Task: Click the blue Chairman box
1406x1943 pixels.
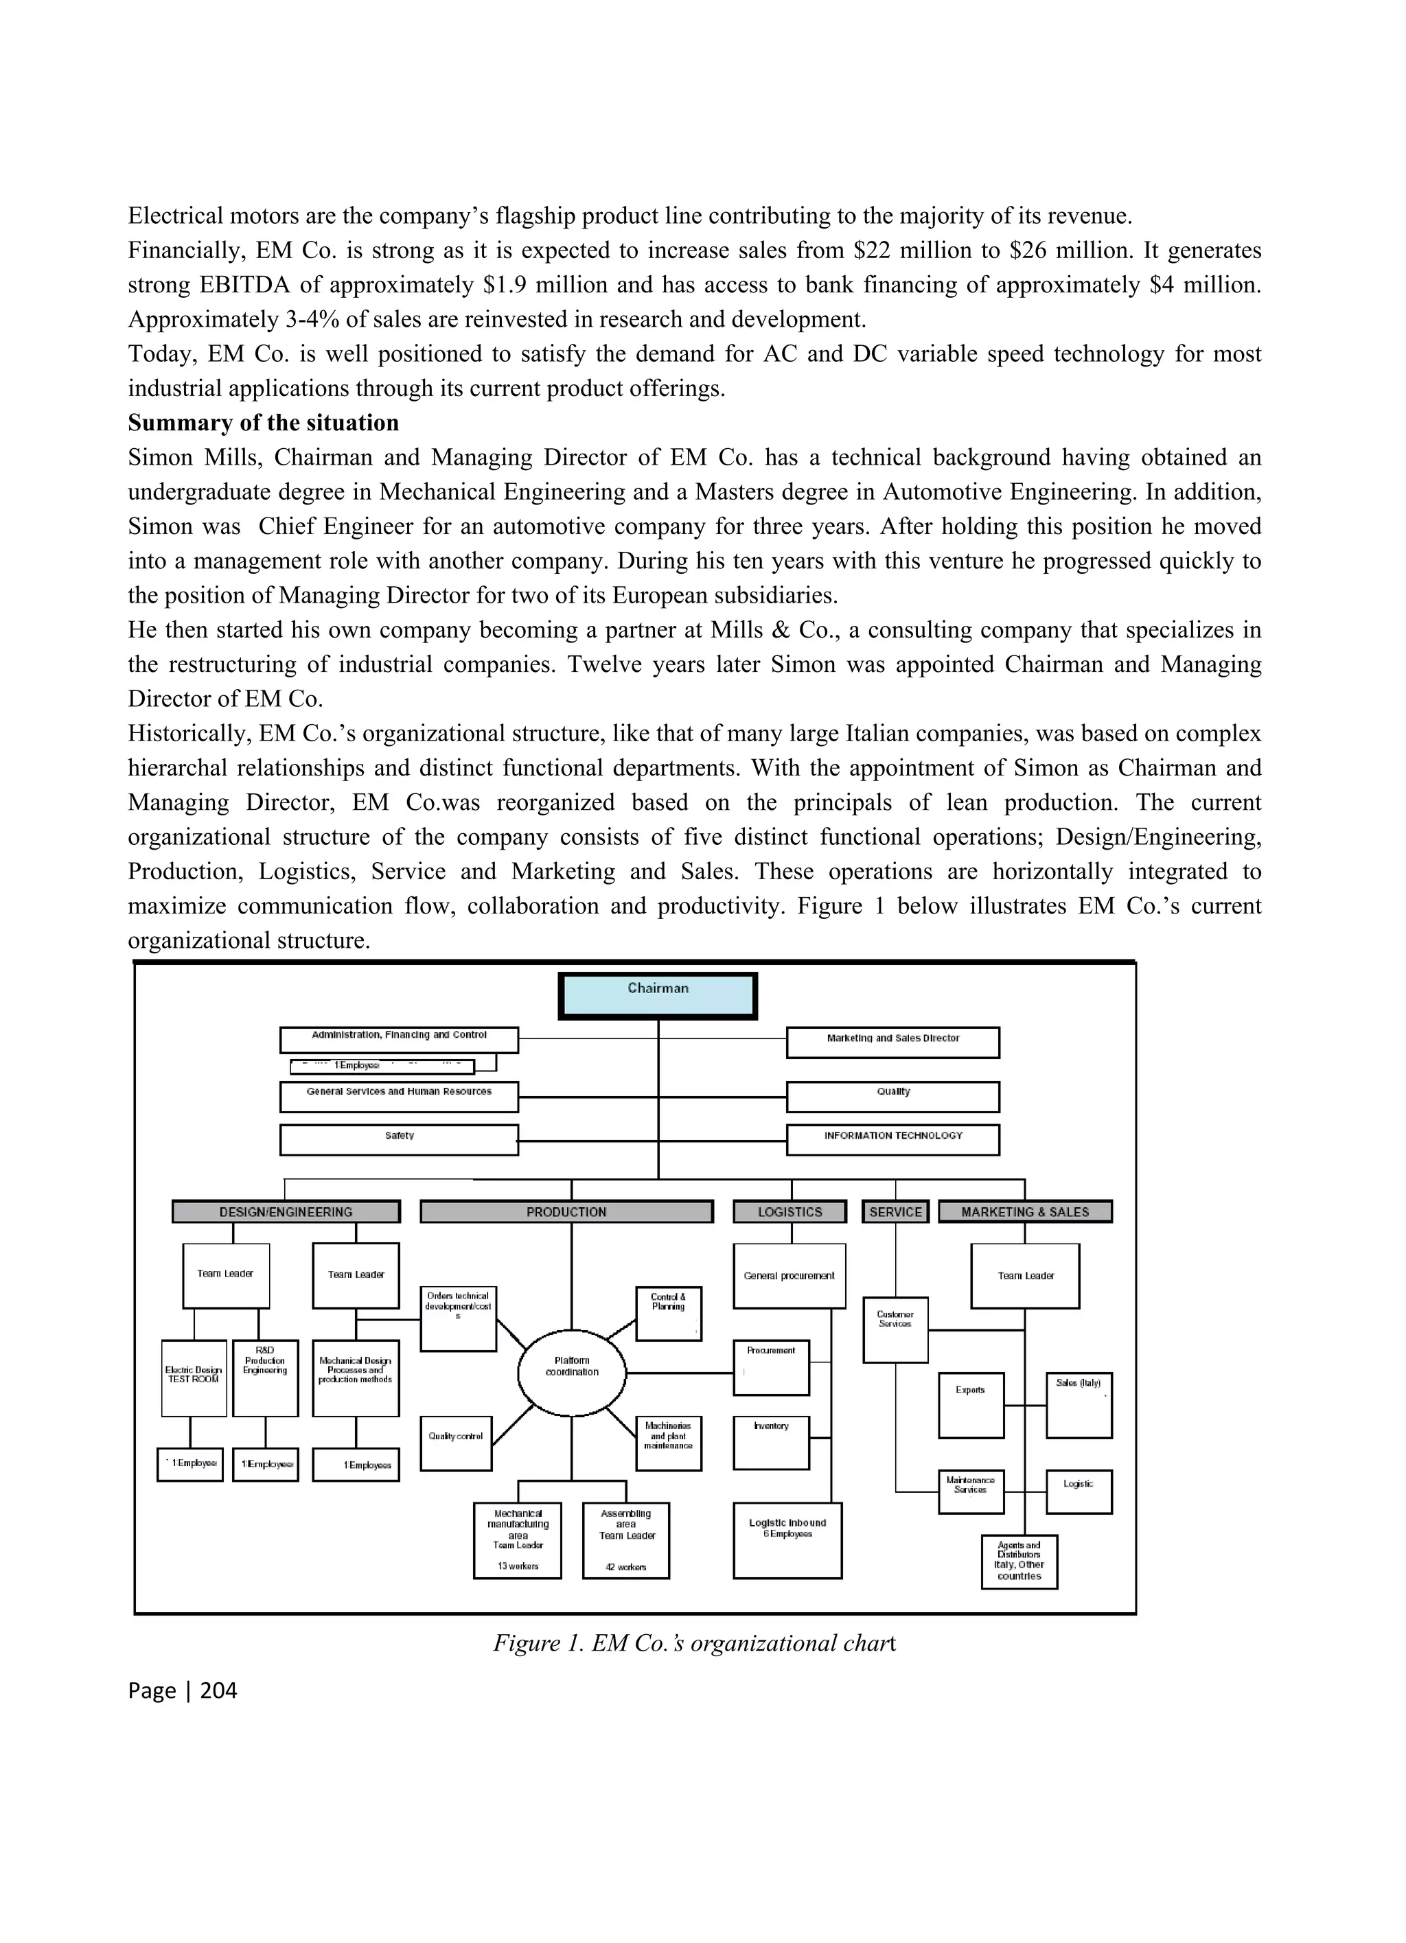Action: [x=657, y=995]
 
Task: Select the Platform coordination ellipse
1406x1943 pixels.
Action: [x=571, y=1371]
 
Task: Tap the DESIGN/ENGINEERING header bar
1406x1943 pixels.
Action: [x=286, y=1211]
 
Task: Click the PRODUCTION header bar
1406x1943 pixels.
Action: [x=566, y=1211]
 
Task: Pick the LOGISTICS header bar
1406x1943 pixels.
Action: [x=789, y=1211]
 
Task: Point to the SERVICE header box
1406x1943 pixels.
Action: [x=895, y=1211]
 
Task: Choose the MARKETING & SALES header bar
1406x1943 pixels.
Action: [x=1025, y=1211]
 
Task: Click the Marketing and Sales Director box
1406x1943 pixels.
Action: [x=892, y=1043]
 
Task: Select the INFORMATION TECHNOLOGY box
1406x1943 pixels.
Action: [x=892, y=1139]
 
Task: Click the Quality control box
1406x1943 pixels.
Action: [x=456, y=1443]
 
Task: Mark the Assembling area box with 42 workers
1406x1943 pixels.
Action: [x=625, y=1539]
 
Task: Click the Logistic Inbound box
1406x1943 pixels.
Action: [x=787, y=1539]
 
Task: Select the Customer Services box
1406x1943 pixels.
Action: [x=895, y=1329]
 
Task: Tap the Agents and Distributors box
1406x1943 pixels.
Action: [x=1019, y=1561]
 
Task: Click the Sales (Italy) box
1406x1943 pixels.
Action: [x=1079, y=1405]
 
